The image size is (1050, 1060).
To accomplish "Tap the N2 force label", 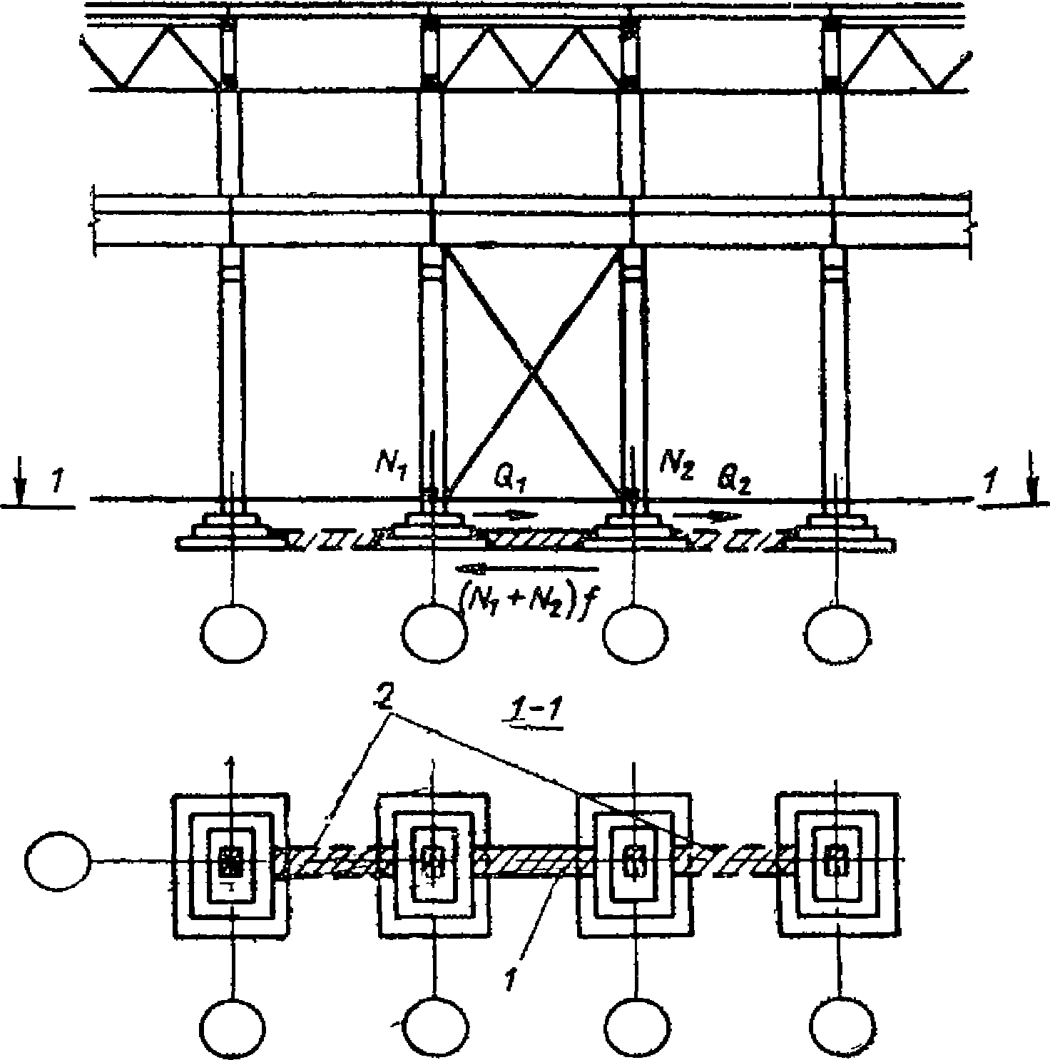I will (676, 465).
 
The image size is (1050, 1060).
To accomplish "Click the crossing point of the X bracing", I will (532, 371).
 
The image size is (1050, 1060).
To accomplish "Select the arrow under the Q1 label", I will (503, 513).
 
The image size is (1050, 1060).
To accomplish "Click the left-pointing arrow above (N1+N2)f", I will (528, 568).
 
